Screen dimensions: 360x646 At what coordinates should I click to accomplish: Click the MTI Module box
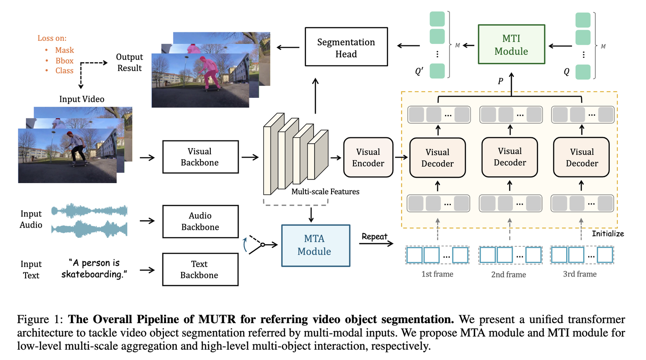click(511, 45)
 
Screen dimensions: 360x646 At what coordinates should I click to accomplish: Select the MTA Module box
click(315, 245)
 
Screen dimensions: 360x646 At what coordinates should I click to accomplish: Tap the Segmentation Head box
click(346, 48)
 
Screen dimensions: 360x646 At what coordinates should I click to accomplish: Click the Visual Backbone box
click(200, 157)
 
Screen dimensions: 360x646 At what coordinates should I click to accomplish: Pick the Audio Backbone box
click(200, 221)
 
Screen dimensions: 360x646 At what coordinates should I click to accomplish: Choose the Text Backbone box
click(199, 270)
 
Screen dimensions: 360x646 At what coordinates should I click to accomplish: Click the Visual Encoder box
click(368, 158)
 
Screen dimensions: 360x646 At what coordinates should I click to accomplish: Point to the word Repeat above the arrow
click(374, 237)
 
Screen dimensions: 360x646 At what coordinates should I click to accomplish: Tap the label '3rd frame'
click(580, 274)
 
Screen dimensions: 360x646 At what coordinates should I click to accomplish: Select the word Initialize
click(607, 234)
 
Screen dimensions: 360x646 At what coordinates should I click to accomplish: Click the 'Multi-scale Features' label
click(325, 192)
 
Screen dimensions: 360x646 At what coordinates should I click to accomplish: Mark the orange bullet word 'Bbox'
click(65, 60)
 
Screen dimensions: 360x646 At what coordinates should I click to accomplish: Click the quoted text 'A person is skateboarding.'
click(95, 268)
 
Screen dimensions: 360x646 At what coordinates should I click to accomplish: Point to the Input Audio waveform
click(90, 220)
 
